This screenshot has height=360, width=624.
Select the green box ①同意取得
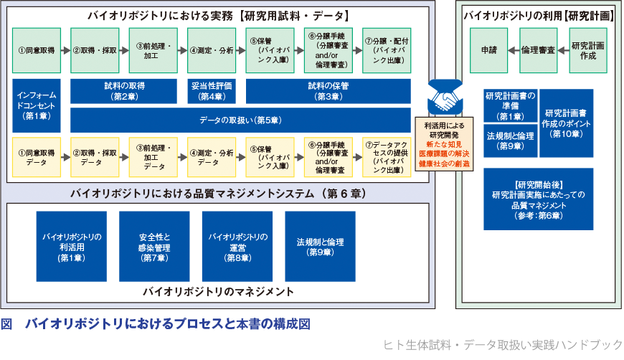37,50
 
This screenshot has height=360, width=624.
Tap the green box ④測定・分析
212,50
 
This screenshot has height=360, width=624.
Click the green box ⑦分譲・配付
387,50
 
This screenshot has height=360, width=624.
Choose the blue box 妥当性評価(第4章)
212,90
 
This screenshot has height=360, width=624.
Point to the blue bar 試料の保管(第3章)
328,90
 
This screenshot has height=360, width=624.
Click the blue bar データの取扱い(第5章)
240,120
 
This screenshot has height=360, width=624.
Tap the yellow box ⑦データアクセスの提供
387,157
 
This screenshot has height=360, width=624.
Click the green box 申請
488,50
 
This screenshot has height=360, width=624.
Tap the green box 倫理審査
538,50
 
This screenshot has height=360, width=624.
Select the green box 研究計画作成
587,50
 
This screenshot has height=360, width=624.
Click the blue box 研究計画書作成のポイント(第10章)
566,123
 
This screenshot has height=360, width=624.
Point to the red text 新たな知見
445,144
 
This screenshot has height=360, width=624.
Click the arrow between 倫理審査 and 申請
514,50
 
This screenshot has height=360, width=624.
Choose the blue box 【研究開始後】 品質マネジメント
538,199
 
